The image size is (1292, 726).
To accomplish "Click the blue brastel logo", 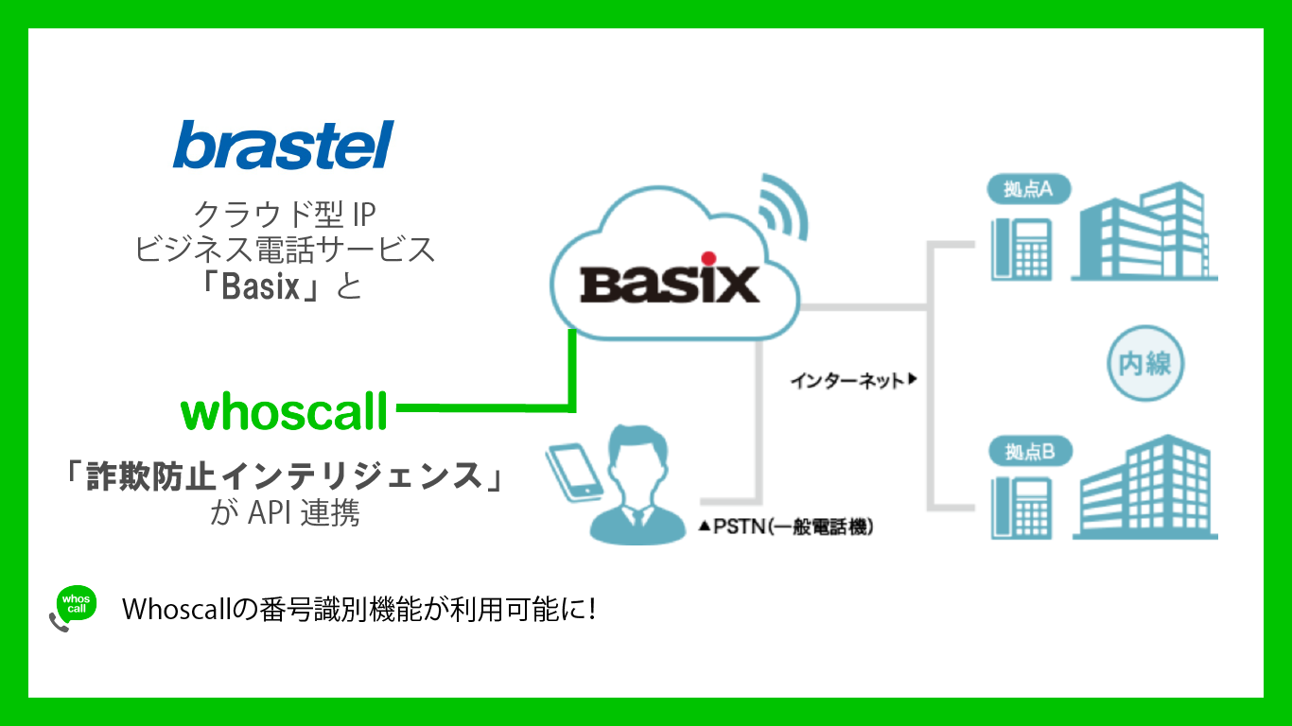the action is coord(283,146).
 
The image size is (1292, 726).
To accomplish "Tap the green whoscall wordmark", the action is coord(284,412).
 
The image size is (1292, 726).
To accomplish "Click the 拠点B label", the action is coord(1029,453).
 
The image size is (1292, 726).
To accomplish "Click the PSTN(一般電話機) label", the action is coord(786,527).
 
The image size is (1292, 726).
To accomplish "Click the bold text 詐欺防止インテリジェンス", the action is coord(283,475).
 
